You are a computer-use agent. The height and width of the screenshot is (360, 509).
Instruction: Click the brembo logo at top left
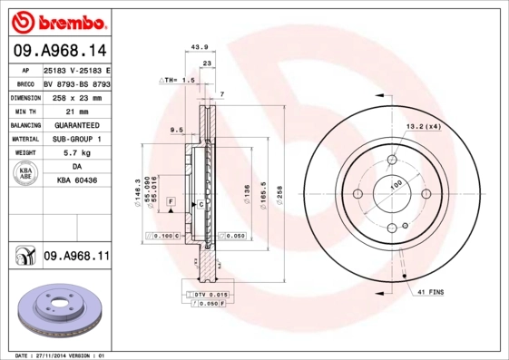pyautogui.click(x=56, y=20)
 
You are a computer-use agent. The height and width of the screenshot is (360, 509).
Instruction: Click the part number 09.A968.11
pyautogui.click(x=76, y=257)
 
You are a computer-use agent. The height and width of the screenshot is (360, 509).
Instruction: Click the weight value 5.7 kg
pyautogui.click(x=76, y=153)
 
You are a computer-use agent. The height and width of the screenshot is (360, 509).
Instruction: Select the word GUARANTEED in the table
pyautogui.click(x=76, y=124)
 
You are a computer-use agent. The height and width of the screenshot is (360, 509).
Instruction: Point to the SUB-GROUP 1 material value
pyautogui.click(x=76, y=139)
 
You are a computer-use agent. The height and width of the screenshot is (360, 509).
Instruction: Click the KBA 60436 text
pyautogui.click(x=76, y=182)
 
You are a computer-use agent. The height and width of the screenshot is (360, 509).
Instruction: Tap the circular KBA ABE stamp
pyautogui.click(x=25, y=174)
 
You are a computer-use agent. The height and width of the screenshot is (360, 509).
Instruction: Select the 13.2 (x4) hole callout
pyautogui.click(x=423, y=126)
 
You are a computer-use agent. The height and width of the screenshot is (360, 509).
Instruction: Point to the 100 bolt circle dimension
pyautogui.click(x=395, y=185)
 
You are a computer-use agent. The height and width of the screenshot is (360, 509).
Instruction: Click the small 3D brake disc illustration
pyautogui.click(x=57, y=312)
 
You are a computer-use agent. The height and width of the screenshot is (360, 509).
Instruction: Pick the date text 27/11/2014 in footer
pyautogui.click(x=59, y=355)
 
